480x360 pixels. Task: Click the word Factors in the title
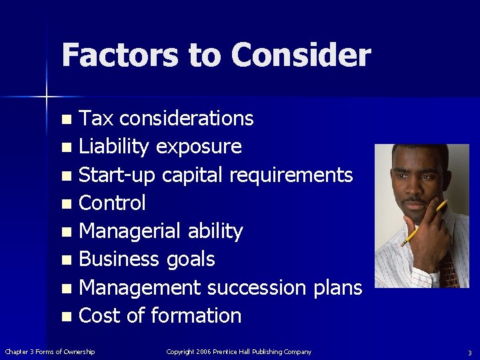pos(120,55)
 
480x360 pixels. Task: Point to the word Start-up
pos(117,175)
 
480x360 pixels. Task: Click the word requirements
pos(291,175)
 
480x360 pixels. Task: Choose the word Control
pos(112,203)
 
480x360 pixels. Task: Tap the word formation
pos(197,315)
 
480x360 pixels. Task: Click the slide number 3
pos(469,352)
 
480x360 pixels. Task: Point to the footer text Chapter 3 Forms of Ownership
pos(50,351)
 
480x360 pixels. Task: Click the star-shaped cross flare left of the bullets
pos(46,97)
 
